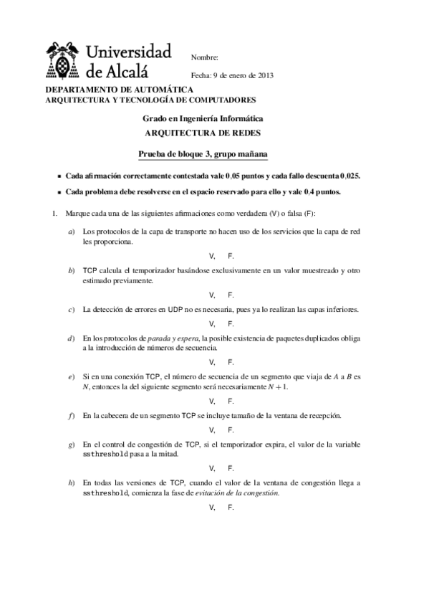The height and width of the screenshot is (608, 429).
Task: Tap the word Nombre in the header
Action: point(205,57)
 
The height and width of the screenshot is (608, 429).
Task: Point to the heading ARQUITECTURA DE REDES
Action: point(203,133)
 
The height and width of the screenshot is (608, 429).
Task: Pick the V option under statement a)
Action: point(211,256)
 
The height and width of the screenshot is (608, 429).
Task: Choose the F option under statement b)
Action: point(231,295)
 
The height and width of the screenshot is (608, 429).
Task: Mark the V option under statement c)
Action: point(211,323)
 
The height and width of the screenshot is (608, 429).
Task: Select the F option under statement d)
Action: point(231,362)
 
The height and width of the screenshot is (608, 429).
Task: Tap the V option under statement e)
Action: point(211,401)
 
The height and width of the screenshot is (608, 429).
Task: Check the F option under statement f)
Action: point(231,429)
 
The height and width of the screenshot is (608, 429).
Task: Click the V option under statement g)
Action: point(211,468)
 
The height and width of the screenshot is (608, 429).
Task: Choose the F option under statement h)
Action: point(231,507)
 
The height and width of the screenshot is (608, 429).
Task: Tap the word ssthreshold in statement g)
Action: point(106,455)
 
